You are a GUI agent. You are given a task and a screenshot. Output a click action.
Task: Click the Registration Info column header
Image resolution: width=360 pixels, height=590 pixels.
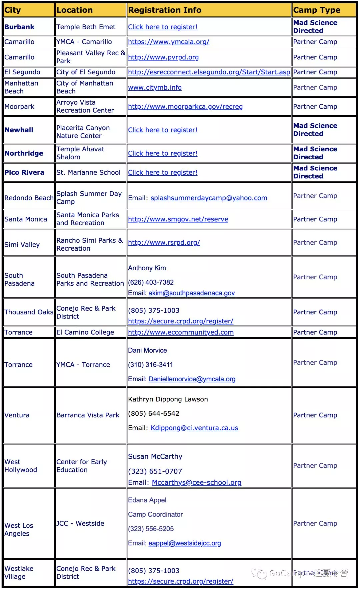coord(165,10)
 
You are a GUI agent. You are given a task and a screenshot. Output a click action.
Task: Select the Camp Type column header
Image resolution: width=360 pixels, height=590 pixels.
coord(317,10)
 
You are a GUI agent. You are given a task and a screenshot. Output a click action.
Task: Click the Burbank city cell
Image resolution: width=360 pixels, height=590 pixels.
coord(19,27)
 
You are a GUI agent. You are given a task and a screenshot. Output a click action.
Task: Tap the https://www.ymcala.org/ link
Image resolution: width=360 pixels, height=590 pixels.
coord(169,42)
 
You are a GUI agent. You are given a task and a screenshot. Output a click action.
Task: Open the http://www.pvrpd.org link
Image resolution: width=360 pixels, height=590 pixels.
coord(163,57)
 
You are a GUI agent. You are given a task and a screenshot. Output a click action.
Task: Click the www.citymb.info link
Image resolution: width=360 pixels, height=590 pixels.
coord(155,88)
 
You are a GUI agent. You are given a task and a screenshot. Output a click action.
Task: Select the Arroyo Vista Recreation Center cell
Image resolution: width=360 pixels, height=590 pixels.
coord(85,106)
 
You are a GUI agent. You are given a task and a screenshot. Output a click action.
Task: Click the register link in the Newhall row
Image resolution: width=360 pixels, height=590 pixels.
coord(163,130)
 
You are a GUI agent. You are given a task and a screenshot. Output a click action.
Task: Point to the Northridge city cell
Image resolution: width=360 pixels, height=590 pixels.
coord(24,153)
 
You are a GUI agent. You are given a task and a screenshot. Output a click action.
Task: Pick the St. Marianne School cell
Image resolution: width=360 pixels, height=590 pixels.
coord(88,172)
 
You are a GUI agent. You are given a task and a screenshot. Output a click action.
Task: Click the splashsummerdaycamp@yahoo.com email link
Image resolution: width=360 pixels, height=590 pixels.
coord(209,198)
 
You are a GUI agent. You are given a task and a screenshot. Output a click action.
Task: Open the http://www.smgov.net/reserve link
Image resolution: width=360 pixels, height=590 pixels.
coord(178,219)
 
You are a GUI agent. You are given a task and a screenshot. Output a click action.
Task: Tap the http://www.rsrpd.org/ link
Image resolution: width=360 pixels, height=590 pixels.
coord(164,243)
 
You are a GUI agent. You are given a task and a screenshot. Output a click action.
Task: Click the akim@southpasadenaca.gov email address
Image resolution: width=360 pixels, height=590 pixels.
coord(191,293)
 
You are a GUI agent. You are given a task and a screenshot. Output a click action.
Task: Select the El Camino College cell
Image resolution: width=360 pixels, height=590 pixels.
coord(85,332)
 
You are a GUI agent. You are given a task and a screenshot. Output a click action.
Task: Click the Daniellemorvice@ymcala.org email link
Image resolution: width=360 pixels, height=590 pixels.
coord(192,379)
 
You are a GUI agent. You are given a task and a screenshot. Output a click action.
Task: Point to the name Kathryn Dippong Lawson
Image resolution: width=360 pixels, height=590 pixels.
coord(168,399)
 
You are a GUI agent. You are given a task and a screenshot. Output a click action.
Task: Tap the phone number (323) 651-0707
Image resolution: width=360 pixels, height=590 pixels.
coord(155,471)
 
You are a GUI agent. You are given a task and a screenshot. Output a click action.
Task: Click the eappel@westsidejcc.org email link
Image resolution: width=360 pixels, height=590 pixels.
coord(184,543)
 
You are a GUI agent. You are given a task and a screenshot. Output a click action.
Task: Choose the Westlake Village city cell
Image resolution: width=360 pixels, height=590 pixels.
coord(19,572)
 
